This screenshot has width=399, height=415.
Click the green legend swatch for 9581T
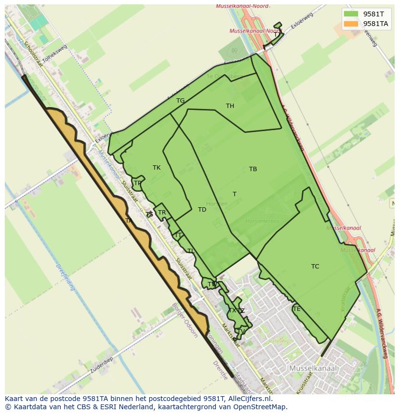(351, 14)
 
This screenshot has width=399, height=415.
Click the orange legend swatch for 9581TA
(351, 24)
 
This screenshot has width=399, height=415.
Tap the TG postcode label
(180, 101)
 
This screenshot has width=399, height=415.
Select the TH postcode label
(230, 106)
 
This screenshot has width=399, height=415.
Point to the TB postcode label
(253, 169)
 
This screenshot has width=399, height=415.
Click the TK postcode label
(157, 168)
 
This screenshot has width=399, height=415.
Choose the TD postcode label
(202, 210)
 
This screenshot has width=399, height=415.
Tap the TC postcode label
(315, 267)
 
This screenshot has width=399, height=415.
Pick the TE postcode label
(296, 309)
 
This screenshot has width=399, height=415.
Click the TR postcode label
(162, 213)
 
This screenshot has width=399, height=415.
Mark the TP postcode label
(138, 183)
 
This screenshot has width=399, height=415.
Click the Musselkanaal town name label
(313, 368)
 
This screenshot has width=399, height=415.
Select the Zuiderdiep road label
(101, 366)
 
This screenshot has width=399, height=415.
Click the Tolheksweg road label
(54, 54)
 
